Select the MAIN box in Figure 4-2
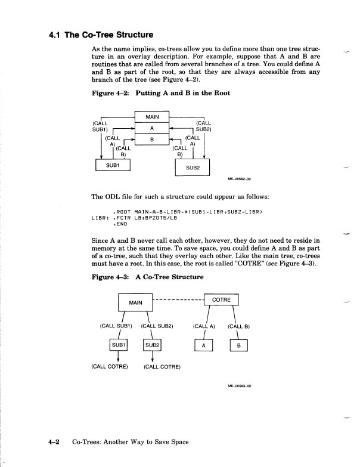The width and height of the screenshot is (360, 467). point(152,117)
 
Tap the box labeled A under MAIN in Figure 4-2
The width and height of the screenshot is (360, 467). point(152,128)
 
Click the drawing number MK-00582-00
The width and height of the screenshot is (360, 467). point(239,178)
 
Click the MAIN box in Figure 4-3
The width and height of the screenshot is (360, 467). point(136,303)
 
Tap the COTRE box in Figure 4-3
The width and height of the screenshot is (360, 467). point(221,300)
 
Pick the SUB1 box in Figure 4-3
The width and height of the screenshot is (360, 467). point(118,345)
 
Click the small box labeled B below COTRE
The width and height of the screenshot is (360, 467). point(238,345)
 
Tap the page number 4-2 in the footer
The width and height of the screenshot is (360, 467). point(57,442)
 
